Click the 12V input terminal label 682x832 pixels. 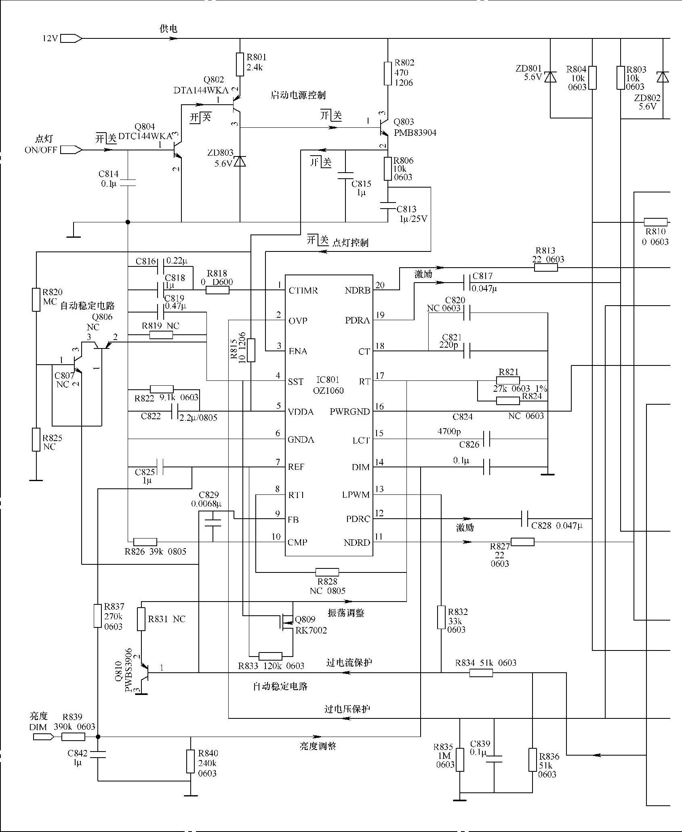(x=51, y=39)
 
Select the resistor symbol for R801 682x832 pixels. (x=240, y=64)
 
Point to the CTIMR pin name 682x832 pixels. (x=303, y=291)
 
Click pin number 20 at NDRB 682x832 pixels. (x=380, y=285)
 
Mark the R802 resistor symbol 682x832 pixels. (x=388, y=74)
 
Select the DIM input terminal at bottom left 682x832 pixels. (x=43, y=737)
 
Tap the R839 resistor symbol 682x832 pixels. (x=74, y=737)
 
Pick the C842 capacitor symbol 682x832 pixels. (x=98, y=754)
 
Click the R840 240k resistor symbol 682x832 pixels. (x=191, y=762)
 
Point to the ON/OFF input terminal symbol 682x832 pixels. (x=72, y=150)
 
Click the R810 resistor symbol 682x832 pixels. (x=655, y=222)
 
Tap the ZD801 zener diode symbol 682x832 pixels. (x=550, y=77)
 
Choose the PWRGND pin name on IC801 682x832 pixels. (x=349, y=412)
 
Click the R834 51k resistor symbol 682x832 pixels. (x=481, y=673)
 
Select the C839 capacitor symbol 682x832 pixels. (x=494, y=758)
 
